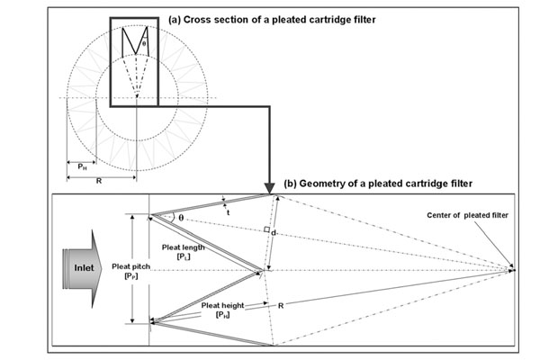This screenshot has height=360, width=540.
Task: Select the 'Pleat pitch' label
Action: click(110, 270)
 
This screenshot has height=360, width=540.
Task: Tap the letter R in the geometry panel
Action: click(281, 306)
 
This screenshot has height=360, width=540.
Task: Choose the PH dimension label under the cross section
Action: click(81, 166)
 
